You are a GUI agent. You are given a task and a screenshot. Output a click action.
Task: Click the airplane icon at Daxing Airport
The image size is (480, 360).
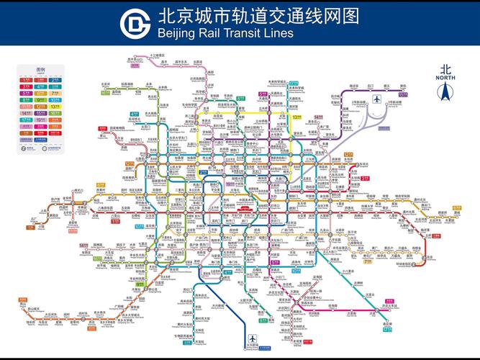(x=253, y=340)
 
